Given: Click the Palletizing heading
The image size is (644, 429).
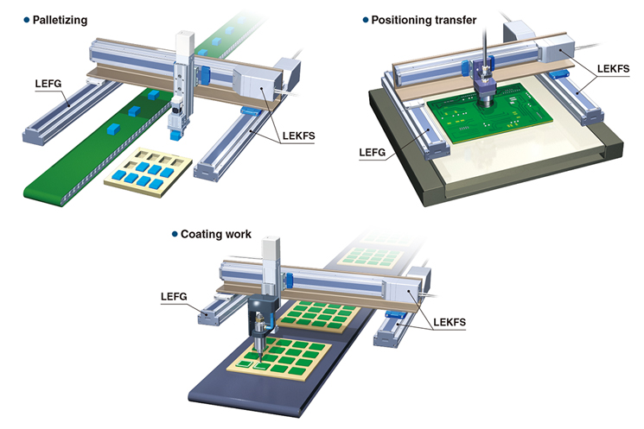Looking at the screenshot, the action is click(x=60, y=20).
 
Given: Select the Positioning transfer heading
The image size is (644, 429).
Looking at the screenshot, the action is click(x=424, y=20).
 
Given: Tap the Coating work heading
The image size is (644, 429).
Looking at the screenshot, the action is click(x=216, y=234).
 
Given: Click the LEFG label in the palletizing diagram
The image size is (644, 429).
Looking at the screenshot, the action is click(x=48, y=84).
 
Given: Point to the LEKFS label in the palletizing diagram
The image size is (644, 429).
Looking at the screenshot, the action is click(x=298, y=136).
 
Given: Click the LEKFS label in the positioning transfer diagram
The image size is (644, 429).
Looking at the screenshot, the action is click(x=613, y=68).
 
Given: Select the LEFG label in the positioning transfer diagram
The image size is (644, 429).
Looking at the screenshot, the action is click(x=373, y=153).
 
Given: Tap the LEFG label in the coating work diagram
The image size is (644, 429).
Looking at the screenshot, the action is click(x=174, y=297).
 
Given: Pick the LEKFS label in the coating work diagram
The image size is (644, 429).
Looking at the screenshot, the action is click(x=450, y=322).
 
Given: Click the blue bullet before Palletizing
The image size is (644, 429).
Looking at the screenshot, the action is click(x=27, y=20).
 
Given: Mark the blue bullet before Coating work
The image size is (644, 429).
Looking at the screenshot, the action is click(x=175, y=234).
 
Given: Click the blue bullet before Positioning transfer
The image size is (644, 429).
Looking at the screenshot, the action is click(x=366, y=20).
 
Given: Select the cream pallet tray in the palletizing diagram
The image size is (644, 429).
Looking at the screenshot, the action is click(x=149, y=172).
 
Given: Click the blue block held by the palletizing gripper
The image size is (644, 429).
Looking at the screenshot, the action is click(x=175, y=136).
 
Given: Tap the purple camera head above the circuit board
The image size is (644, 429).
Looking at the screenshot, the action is click(x=485, y=82).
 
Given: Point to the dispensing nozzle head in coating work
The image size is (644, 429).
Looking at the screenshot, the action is click(x=259, y=328).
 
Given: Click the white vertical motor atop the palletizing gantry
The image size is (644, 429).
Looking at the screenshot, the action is click(x=185, y=46).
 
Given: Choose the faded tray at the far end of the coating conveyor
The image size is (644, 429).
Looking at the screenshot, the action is click(x=372, y=256).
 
